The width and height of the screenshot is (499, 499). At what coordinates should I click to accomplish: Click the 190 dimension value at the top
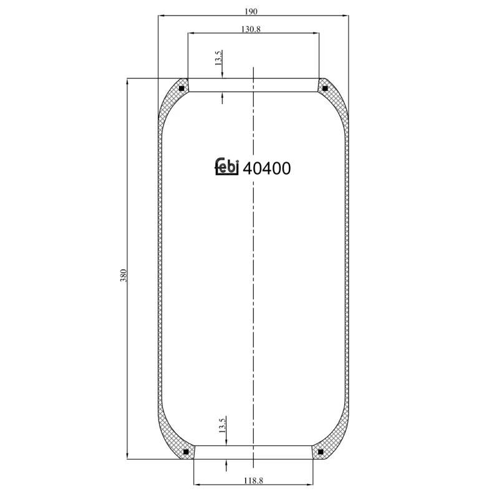251,11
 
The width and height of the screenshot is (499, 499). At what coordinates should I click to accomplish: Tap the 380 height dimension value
124,275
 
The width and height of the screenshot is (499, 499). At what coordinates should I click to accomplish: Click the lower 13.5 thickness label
222,426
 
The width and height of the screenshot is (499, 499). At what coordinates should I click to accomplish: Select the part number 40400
266,168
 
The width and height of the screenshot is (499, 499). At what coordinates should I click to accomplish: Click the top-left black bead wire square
182,88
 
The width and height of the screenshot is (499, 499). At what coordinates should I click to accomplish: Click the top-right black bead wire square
324,88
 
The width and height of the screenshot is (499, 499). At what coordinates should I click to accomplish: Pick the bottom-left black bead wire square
185,452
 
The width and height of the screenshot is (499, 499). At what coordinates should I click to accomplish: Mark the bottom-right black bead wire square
321,452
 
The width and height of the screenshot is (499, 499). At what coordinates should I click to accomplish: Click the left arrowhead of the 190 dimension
160,16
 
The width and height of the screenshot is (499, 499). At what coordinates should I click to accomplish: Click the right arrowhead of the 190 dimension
346,16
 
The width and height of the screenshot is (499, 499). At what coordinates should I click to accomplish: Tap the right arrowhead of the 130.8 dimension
316,33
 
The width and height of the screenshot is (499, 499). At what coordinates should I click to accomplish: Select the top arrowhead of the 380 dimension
128,81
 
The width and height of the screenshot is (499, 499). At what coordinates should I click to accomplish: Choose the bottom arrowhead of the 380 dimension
128,457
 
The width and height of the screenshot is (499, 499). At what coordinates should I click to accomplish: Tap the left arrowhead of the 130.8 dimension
191,33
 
